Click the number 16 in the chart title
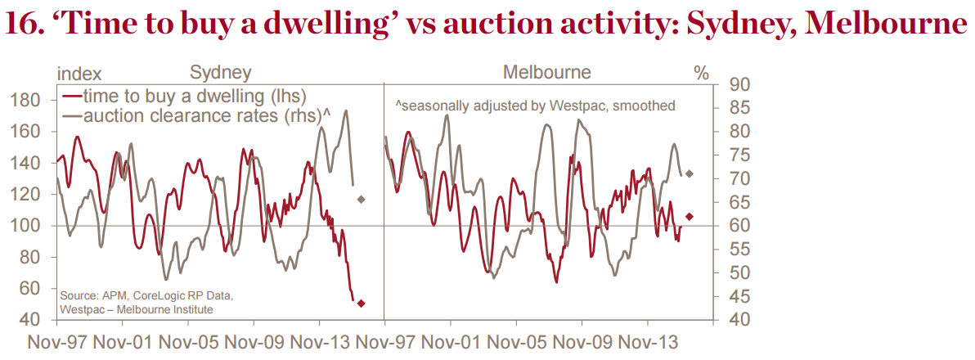[x=24, y=25]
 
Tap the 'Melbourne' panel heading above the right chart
[x=546, y=72]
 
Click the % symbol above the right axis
[x=701, y=73]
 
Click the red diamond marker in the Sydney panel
[x=362, y=303]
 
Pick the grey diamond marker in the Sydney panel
[x=361, y=199]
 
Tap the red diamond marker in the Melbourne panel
[x=690, y=216]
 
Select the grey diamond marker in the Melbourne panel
[x=690, y=173]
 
